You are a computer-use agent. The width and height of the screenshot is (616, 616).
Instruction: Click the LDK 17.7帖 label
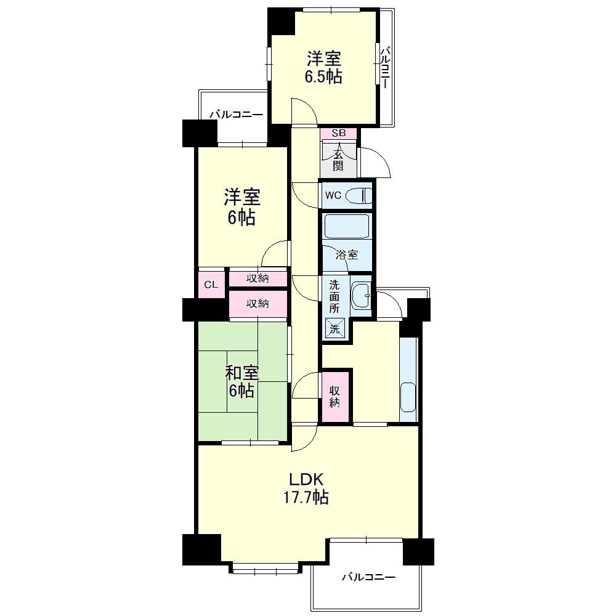(306, 488)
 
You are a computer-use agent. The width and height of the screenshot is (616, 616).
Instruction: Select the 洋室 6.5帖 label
(323, 67)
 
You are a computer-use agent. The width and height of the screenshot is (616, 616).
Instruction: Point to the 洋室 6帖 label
(241, 208)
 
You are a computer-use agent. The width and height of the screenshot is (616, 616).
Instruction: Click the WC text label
(333, 195)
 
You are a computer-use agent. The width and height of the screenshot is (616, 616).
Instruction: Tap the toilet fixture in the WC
(360, 196)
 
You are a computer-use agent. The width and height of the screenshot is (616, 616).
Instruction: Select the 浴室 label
(346, 255)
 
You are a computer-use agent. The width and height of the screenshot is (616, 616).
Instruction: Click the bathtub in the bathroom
(347, 226)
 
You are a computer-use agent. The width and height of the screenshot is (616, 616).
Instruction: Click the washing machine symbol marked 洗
(334, 328)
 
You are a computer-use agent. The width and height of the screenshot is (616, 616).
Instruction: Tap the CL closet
(211, 284)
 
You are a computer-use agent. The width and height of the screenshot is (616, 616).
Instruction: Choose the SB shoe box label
(339, 133)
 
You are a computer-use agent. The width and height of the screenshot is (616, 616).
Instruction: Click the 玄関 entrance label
(338, 158)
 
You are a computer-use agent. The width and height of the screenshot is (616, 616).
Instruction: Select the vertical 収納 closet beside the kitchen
(335, 396)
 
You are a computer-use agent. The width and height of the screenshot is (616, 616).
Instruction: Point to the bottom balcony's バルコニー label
(368, 577)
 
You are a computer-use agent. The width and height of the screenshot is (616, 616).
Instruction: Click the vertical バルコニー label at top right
(386, 67)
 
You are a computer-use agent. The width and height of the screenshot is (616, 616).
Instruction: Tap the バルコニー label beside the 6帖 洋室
(236, 115)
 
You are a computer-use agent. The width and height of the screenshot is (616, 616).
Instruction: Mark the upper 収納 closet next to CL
(257, 278)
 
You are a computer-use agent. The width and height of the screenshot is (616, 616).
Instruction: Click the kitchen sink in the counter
(408, 396)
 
